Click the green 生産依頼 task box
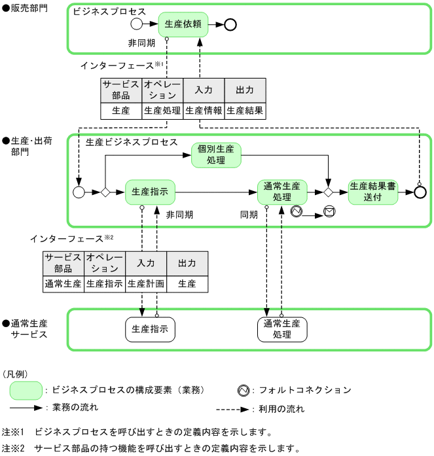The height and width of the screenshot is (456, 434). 183,24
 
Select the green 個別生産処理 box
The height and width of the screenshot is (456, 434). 216,155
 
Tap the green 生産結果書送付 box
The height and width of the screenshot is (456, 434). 372,192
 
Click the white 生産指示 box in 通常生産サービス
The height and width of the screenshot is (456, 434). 150,329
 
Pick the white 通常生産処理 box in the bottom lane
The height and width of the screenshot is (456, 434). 281,329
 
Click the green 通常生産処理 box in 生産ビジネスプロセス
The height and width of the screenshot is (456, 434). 281,192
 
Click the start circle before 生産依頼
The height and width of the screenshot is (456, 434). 136,25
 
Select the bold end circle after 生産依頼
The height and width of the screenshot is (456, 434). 229,25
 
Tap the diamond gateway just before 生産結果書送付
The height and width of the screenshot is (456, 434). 328,192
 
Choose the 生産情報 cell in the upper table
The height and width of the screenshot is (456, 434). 204,111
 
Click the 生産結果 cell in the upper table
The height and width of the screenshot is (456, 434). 245,111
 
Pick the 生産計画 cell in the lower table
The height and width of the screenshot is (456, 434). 146,284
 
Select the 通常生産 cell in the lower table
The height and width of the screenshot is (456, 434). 63,284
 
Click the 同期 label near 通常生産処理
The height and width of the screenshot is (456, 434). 249,215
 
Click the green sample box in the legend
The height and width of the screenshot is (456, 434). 26,391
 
